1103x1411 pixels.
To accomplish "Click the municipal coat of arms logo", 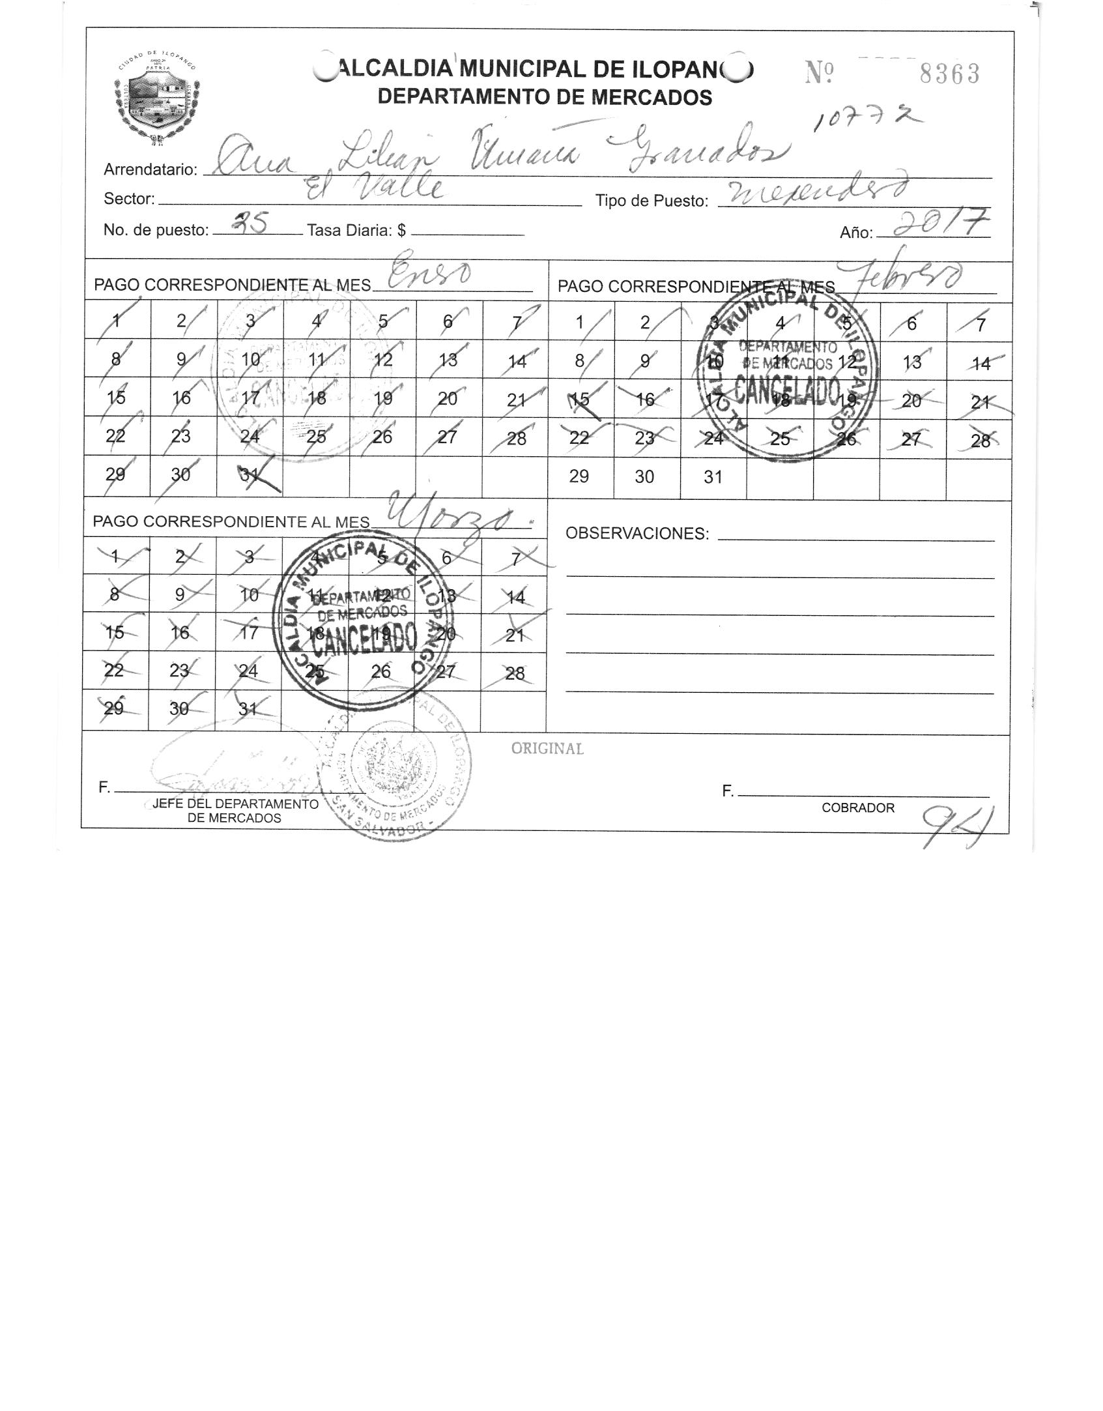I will (x=156, y=95).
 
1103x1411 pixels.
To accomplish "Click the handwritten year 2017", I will (x=939, y=224).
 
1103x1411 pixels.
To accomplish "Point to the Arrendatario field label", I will (x=150, y=170).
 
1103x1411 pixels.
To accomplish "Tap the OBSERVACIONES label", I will (x=637, y=534).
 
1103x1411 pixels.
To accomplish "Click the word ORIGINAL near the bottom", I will (x=547, y=749).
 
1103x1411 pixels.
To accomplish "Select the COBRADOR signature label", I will (x=857, y=808).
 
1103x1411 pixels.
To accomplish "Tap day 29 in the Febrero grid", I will (x=579, y=477).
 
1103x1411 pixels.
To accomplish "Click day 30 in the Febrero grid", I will (x=644, y=477).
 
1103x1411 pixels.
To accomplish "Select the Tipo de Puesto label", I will (x=652, y=201).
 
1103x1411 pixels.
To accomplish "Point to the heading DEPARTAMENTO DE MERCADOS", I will (x=545, y=98).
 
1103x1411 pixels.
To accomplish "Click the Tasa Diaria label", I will (x=356, y=230).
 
